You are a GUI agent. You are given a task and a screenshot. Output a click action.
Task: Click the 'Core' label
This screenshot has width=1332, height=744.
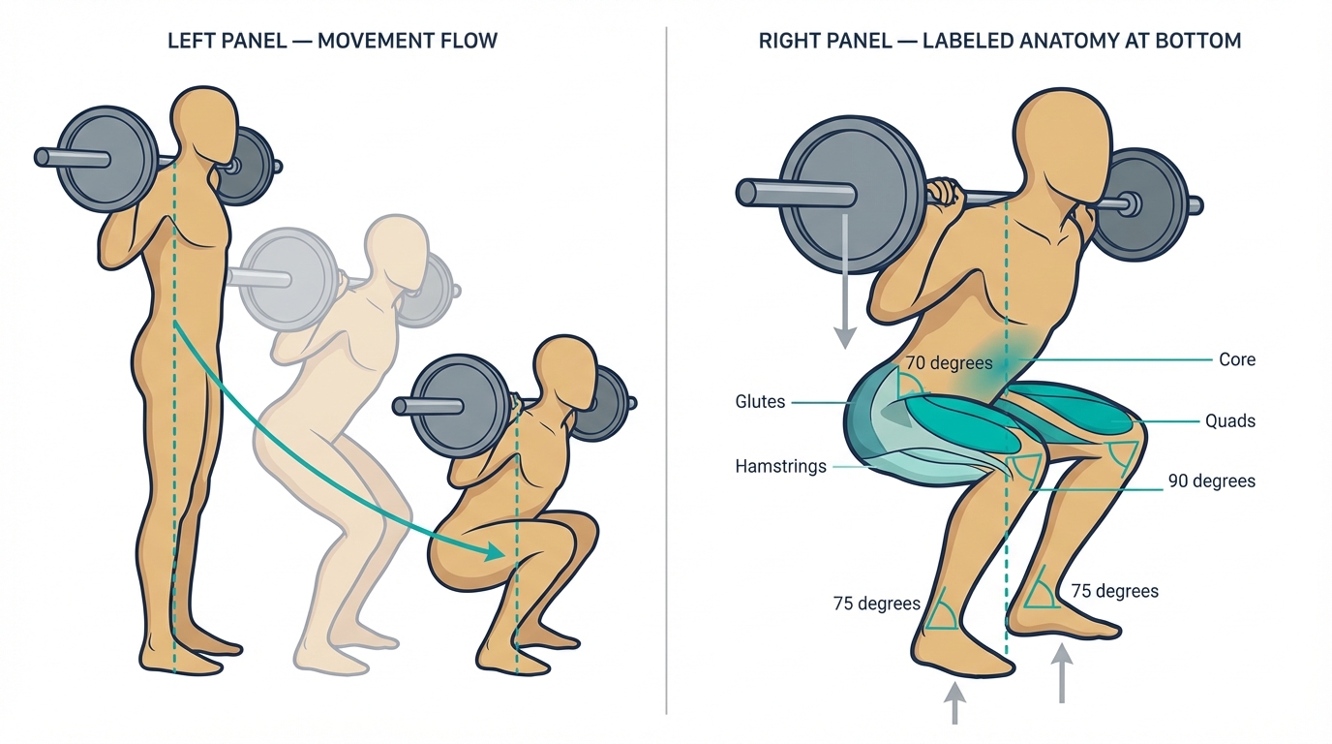[1237, 359]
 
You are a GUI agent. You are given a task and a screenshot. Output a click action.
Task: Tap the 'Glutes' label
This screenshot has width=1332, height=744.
[760, 402]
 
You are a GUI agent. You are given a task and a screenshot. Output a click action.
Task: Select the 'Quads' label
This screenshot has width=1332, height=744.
[1230, 420]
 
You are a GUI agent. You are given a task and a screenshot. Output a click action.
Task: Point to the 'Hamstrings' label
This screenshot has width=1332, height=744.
[781, 466]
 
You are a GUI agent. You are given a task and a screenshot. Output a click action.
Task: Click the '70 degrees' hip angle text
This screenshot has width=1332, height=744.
[949, 362]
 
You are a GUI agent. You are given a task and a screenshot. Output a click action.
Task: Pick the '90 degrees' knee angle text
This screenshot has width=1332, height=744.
[1212, 480]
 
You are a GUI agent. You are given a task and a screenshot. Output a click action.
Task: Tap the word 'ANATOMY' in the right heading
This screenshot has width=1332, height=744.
[1081, 41]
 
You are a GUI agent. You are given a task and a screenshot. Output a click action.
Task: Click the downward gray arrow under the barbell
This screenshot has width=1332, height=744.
[844, 281]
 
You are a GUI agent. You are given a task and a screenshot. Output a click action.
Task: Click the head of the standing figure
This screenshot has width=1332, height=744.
[204, 128]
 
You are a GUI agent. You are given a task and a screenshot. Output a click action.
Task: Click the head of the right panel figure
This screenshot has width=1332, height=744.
[1062, 149]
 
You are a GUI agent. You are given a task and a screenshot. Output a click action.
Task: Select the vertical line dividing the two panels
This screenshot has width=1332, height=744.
[666, 370]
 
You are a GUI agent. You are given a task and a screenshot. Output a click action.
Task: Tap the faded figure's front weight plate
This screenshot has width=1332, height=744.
[291, 279]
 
